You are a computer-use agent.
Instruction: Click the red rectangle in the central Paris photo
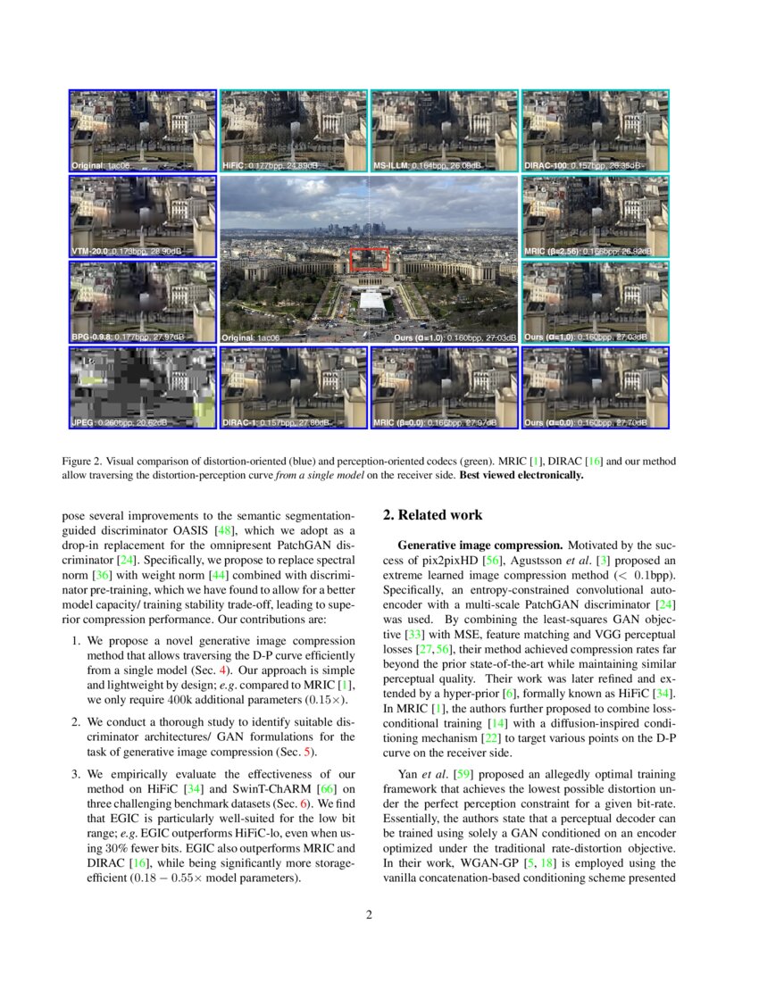click(369, 259)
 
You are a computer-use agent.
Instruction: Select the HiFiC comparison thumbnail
click(293, 130)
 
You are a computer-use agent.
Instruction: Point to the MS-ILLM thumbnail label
click(390, 166)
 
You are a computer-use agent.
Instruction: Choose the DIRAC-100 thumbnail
click(595, 130)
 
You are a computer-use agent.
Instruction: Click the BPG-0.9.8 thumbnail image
click(143, 302)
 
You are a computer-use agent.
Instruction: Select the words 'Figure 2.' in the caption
click(84, 462)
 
